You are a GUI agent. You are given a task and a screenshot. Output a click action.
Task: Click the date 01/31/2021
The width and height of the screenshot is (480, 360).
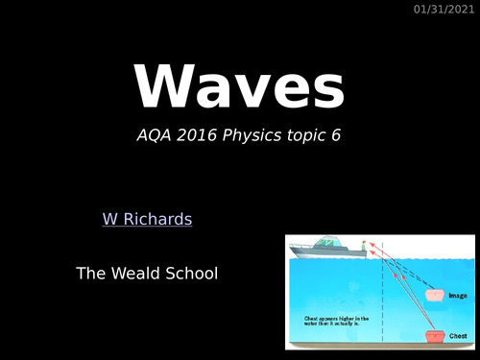click(x=444, y=10)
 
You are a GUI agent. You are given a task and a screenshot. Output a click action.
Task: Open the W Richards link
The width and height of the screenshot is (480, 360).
click(x=147, y=219)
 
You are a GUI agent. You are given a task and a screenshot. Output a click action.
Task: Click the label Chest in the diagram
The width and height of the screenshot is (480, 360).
click(x=460, y=337)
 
